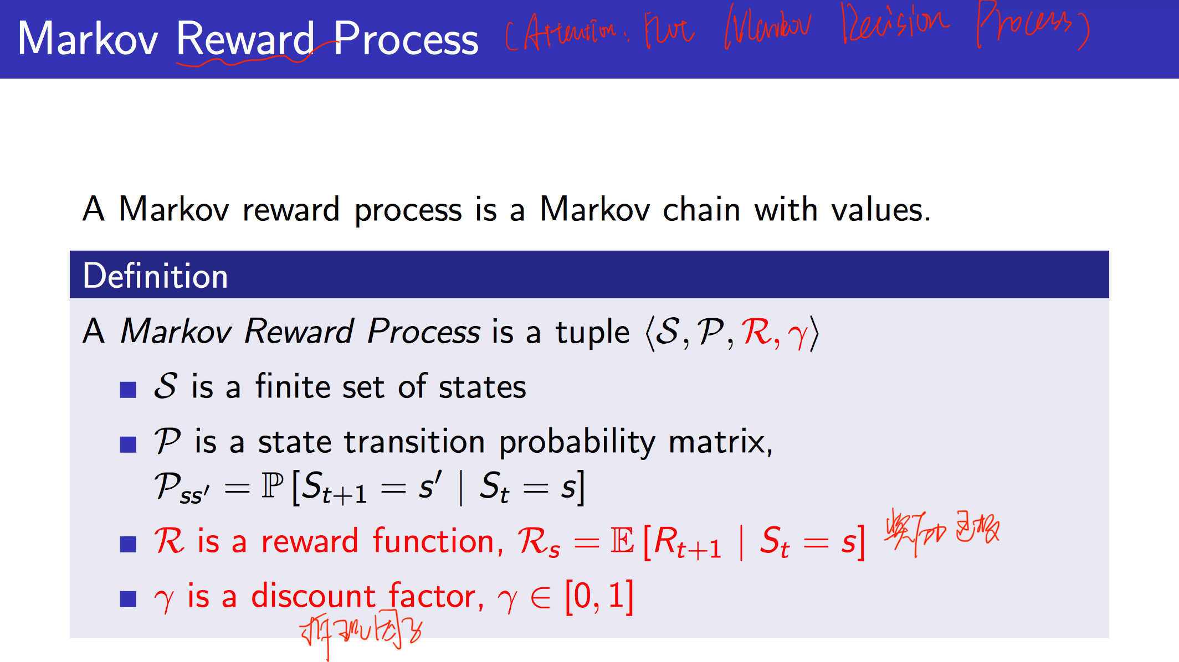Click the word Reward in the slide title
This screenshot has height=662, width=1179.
245,39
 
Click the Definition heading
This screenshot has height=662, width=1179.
155,276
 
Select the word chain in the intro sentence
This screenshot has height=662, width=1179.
701,210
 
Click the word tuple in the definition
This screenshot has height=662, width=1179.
592,332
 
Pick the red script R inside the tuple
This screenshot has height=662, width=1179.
756,332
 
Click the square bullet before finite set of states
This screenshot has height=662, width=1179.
128,390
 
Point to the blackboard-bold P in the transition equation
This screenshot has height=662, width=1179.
273,486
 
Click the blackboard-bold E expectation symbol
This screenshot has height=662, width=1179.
622,541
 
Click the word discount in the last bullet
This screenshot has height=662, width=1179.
313,597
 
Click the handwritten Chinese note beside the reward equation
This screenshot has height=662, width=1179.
942,530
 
